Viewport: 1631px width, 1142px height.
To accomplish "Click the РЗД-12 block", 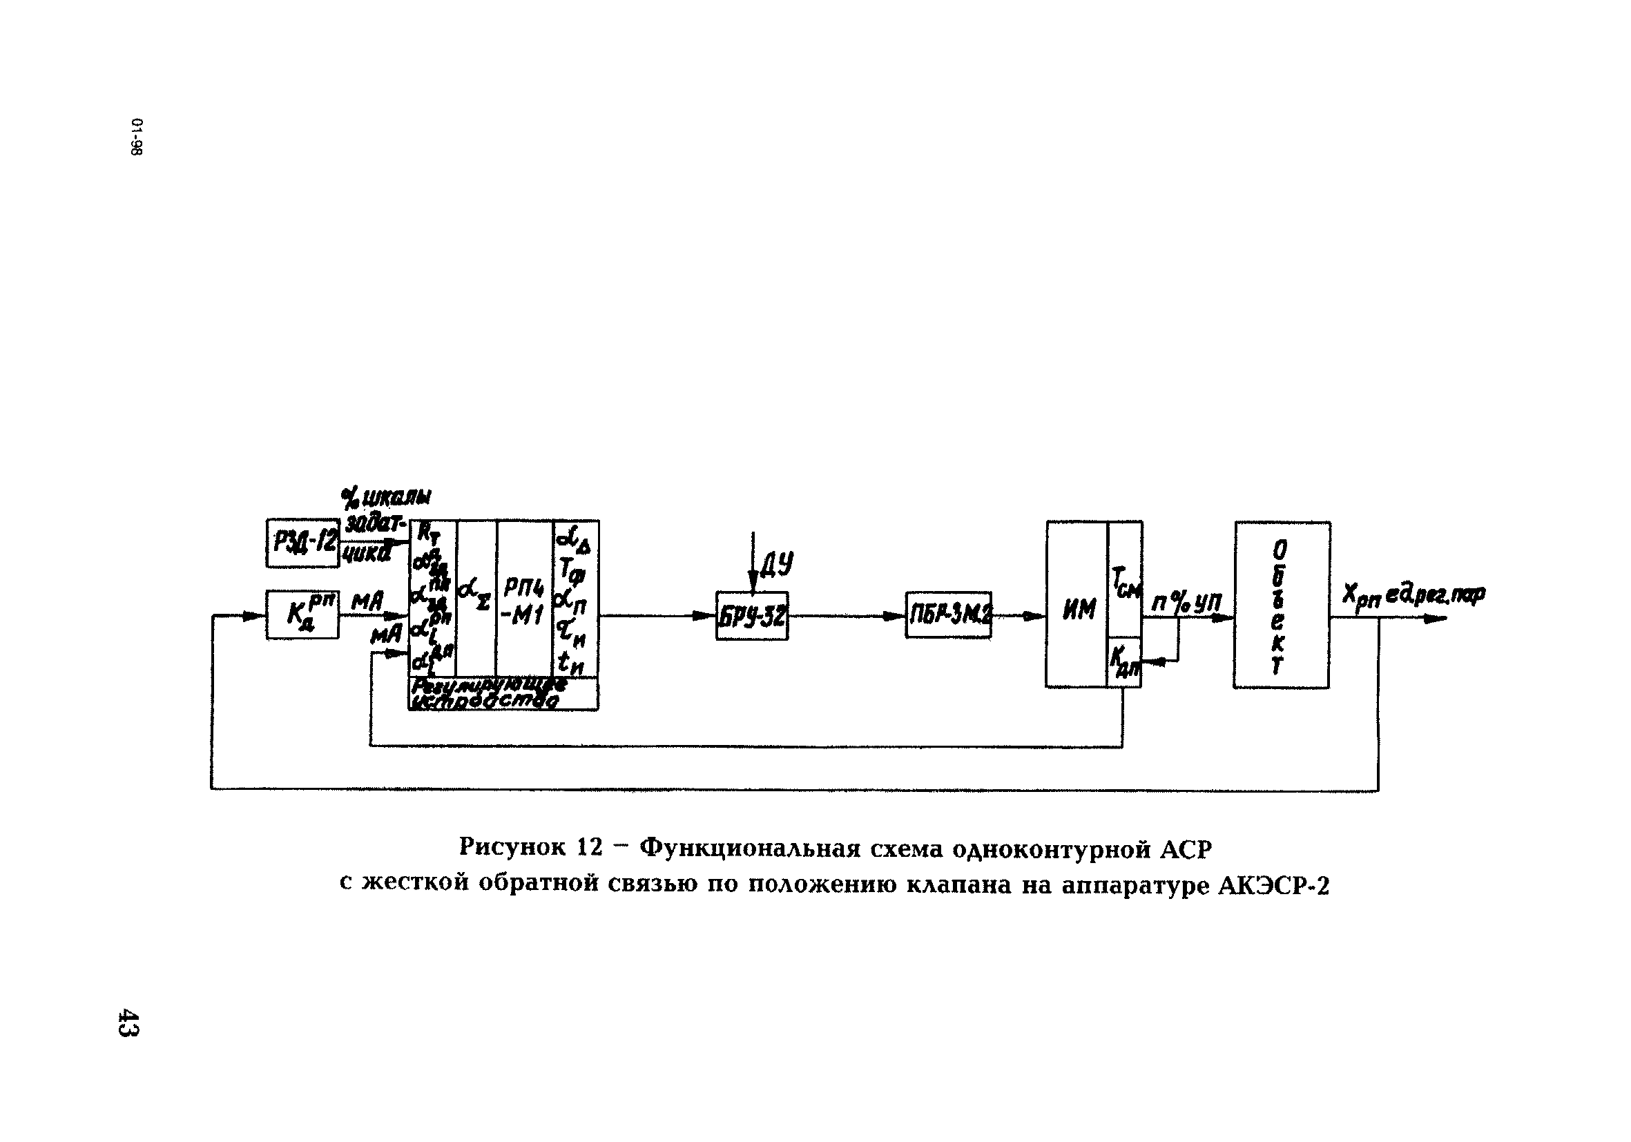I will (x=302, y=543).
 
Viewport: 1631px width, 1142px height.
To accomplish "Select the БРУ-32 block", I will (x=751, y=616).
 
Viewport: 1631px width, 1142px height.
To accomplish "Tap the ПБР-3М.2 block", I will (x=948, y=616).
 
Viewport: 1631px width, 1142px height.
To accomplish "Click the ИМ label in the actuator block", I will (x=1079, y=610).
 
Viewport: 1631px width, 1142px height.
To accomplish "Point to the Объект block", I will (x=1282, y=605).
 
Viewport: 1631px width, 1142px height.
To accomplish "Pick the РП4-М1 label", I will (x=524, y=601).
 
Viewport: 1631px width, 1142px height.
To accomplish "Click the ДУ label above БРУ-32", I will (x=777, y=565).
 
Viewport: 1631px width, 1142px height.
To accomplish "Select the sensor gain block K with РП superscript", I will (x=302, y=615).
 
